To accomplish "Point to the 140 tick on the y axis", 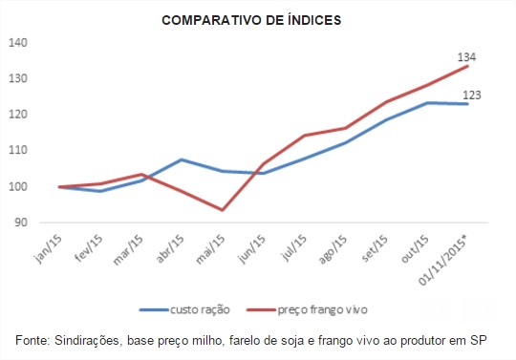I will tap(19, 43).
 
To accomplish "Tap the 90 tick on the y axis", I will tap(22, 222).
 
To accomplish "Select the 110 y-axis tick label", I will tap(19, 151).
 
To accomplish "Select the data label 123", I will tap(473, 95).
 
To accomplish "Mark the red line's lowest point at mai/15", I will tap(223, 210).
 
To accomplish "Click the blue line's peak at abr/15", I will tap(182, 159).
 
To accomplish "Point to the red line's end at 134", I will tap(467, 66).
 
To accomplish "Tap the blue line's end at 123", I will tap(467, 104).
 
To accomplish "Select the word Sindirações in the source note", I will tap(92, 341).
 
